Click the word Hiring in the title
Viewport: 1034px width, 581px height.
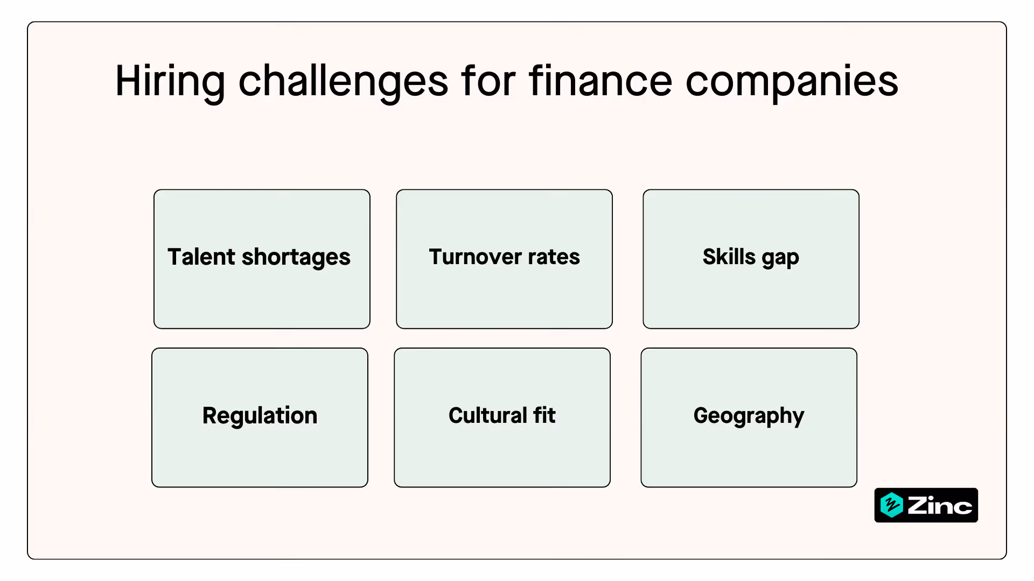(x=170, y=82)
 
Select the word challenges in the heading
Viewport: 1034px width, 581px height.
(x=343, y=82)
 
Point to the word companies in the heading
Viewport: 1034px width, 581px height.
(x=792, y=82)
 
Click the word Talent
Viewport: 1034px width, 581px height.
(x=201, y=257)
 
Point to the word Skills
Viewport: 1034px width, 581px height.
(x=729, y=257)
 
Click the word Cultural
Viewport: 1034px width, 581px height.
(x=487, y=415)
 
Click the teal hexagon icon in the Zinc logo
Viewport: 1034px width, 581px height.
(x=891, y=505)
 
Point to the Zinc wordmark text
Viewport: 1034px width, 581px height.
(x=940, y=506)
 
